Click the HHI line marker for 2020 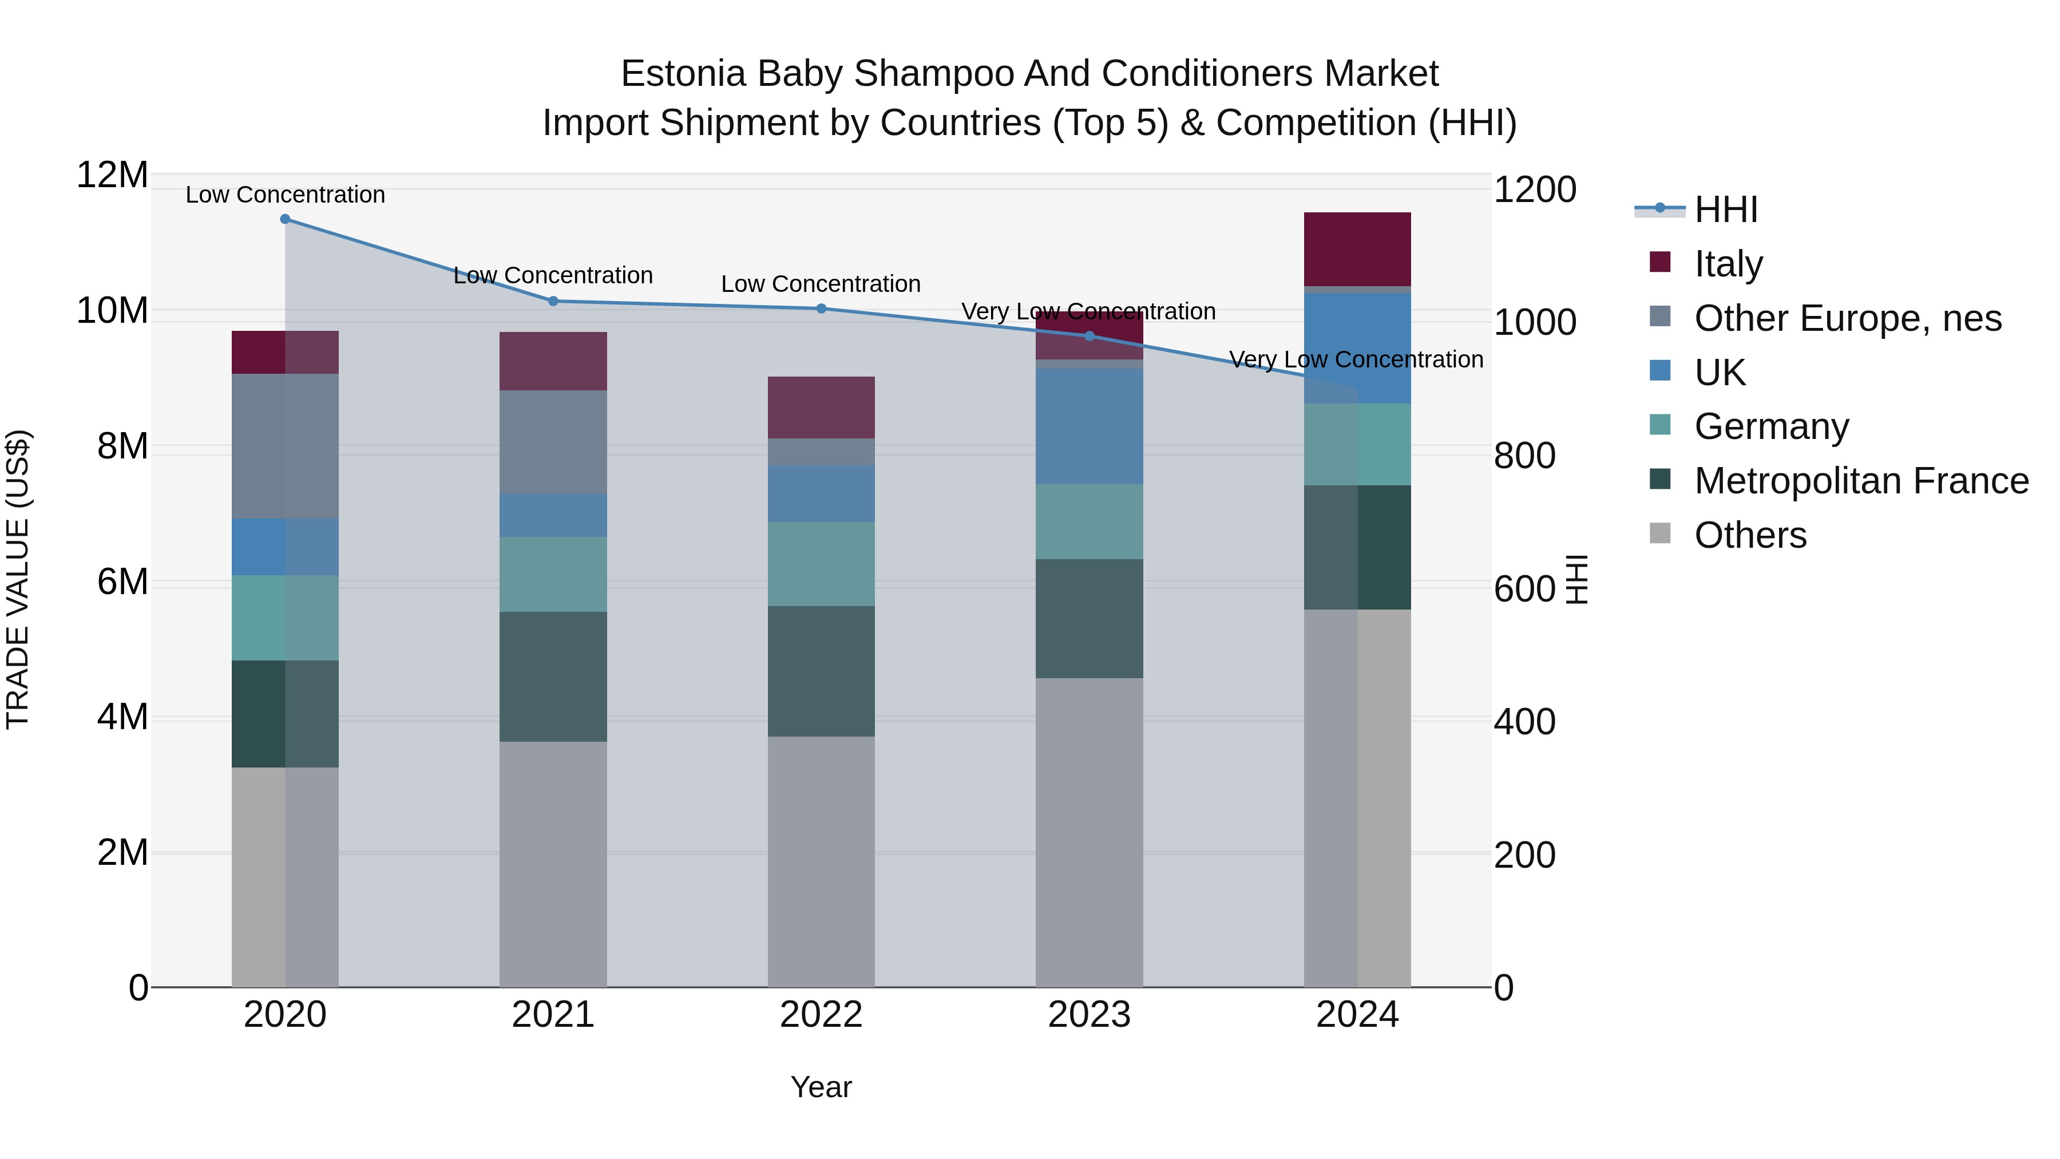(285, 219)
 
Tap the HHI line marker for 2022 (821, 308)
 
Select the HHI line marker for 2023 (1089, 336)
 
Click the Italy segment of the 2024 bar (1357, 249)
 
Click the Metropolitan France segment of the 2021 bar (553, 676)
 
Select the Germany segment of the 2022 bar (821, 563)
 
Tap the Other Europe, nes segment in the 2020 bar (285, 445)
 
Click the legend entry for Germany (1770, 426)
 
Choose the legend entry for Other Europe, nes (1847, 318)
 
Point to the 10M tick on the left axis (112, 310)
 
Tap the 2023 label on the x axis (1089, 1015)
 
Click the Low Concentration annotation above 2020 (285, 195)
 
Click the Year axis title (821, 1087)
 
